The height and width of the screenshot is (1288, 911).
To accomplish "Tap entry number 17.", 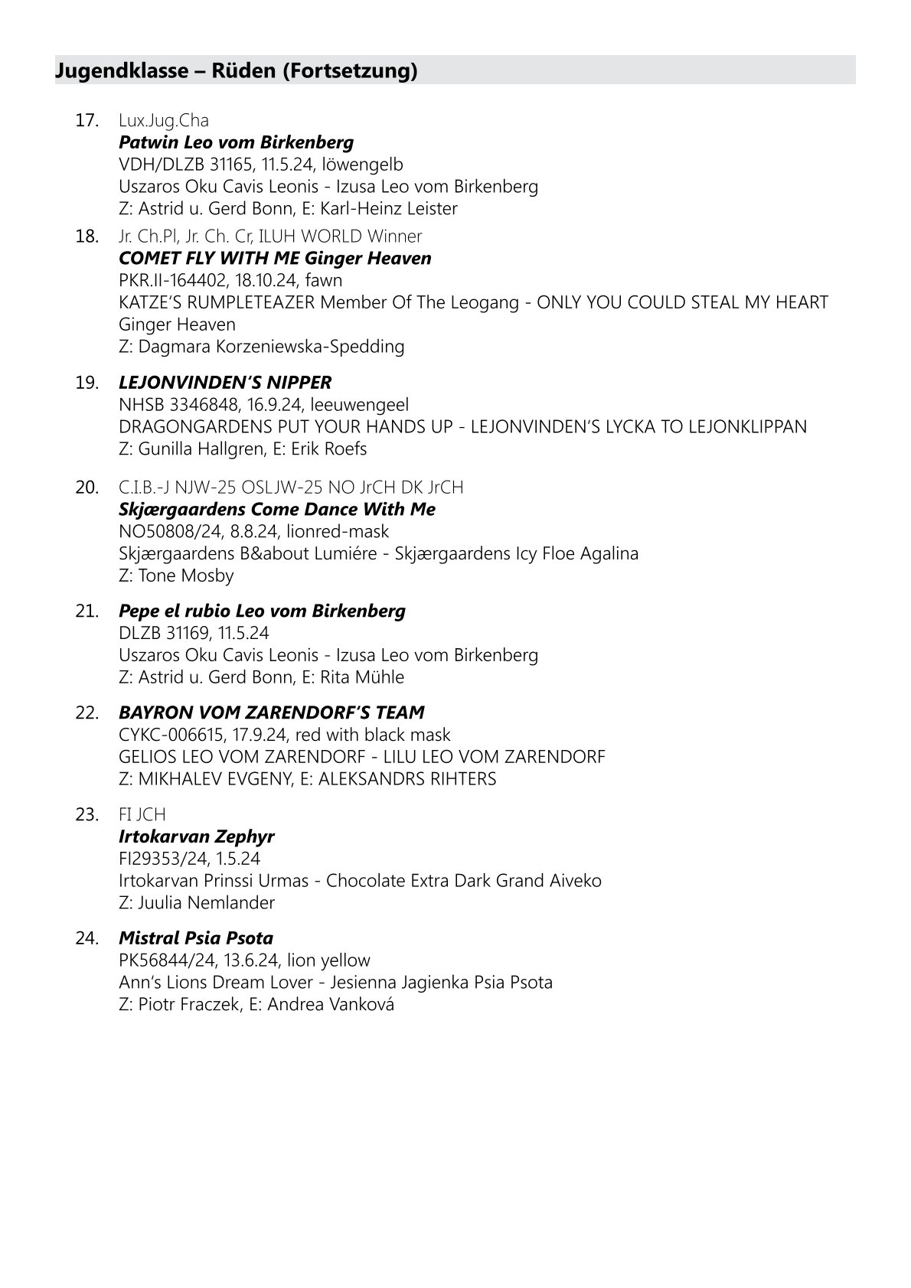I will [x=87, y=121].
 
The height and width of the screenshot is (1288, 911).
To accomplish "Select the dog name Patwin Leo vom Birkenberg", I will [x=236, y=142].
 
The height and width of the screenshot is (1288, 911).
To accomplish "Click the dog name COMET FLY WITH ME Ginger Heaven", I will [x=275, y=259].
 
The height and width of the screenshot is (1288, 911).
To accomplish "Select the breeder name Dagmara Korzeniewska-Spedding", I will [x=271, y=347].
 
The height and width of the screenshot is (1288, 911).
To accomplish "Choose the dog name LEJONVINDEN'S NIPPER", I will [x=225, y=383].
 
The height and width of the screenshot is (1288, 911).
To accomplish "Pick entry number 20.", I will [x=87, y=487].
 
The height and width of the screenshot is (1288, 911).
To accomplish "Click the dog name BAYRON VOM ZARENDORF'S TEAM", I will [x=271, y=713].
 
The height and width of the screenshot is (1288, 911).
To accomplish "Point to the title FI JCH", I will [x=142, y=815].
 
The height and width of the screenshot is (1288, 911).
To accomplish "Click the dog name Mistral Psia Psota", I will [x=196, y=939].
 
